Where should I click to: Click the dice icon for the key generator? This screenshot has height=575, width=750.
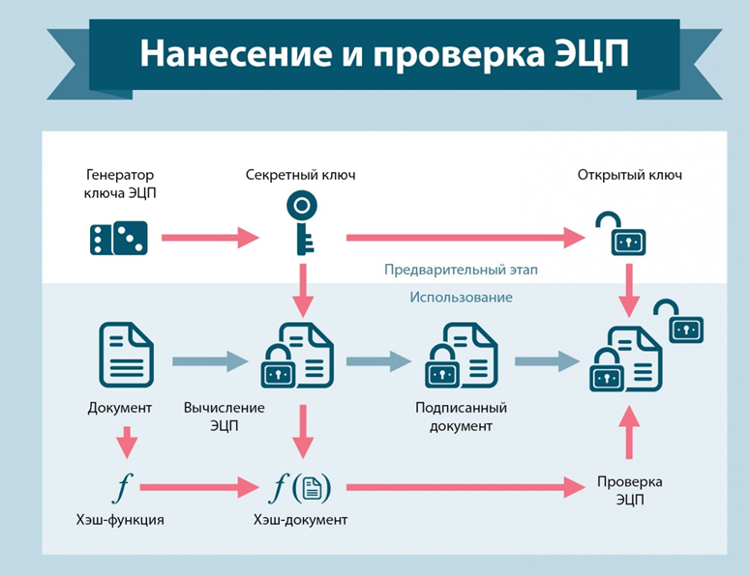(x=119, y=238)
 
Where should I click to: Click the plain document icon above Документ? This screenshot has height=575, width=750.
(x=126, y=356)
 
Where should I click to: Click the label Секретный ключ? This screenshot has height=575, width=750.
(x=301, y=175)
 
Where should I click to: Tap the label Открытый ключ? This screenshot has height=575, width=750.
(x=630, y=175)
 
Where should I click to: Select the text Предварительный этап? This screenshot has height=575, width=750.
(x=461, y=270)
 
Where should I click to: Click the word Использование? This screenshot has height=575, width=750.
(x=461, y=298)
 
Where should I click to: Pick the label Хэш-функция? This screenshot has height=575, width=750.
(x=120, y=520)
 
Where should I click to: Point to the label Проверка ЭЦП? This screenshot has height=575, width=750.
(x=629, y=490)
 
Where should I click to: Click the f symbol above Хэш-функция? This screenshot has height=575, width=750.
(x=121, y=486)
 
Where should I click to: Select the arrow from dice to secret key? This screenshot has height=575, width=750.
(x=210, y=237)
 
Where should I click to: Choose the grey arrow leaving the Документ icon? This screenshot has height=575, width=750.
(x=209, y=361)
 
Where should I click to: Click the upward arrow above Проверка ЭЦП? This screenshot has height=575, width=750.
(x=629, y=431)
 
